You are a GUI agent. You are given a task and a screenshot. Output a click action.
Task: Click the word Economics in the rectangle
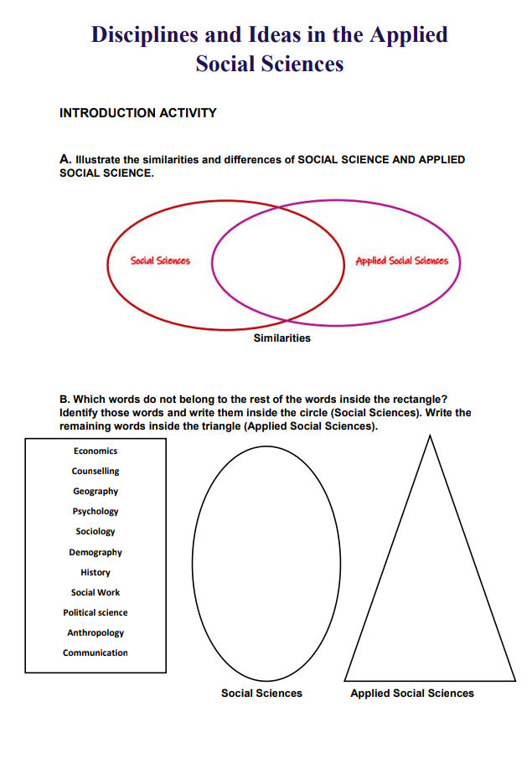pyautogui.click(x=96, y=451)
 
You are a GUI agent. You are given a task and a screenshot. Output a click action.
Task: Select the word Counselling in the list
pyautogui.click(x=96, y=472)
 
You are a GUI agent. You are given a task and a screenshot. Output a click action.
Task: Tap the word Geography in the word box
pyautogui.click(x=96, y=492)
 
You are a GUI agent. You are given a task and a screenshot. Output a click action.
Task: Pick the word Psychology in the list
pyautogui.click(x=96, y=512)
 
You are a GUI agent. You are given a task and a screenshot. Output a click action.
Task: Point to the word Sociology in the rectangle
pyautogui.click(x=96, y=532)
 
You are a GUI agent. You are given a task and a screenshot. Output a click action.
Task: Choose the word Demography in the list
pyautogui.click(x=96, y=553)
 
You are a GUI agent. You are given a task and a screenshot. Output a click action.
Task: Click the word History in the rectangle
pyautogui.click(x=96, y=573)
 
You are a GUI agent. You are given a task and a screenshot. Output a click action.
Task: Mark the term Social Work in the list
pyautogui.click(x=96, y=593)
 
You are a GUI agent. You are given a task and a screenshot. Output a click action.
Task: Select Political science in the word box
pyautogui.click(x=96, y=613)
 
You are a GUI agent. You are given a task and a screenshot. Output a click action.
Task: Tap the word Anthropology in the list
pyautogui.click(x=96, y=633)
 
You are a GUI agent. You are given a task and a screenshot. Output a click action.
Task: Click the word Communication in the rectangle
pyautogui.click(x=96, y=653)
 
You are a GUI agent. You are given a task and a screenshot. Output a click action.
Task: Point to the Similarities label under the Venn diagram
pyautogui.click(x=282, y=338)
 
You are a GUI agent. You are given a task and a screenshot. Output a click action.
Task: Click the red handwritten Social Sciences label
pyautogui.click(x=160, y=260)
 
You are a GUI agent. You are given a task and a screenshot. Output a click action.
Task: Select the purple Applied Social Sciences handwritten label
pyautogui.click(x=401, y=260)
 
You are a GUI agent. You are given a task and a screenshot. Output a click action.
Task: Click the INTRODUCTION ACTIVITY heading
pyautogui.click(x=138, y=113)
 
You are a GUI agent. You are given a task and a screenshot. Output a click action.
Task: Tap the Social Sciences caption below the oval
pyautogui.click(x=261, y=694)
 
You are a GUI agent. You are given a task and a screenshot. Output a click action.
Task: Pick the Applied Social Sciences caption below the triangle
pyautogui.click(x=412, y=694)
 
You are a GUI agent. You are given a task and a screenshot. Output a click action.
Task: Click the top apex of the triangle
pyautogui.click(x=430, y=436)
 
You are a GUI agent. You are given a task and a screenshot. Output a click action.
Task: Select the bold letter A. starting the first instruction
pyautogui.click(x=65, y=159)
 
